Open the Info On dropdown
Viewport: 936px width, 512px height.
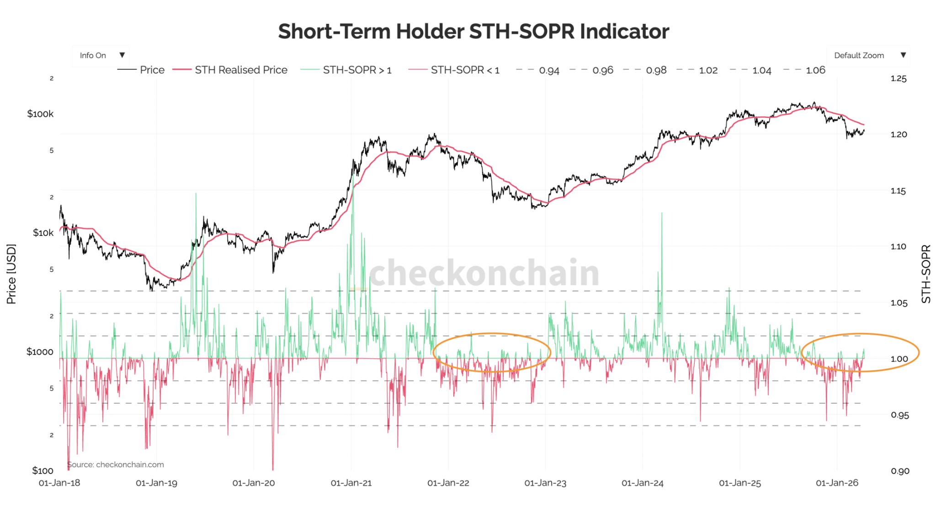pyautogui.click(x=101, y=55)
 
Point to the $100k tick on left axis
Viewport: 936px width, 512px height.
pyautogui.click(x=40, y=114)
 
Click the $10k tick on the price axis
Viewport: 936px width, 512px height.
pyautogui.click(x=43, y=233)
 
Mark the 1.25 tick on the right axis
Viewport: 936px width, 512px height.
pyautogui.click(x=898, y=79)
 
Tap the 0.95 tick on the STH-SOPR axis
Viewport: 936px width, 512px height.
pyautogui.click(x=899, y=415)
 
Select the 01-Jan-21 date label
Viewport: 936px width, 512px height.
pyautogui.click(x=351, y=483)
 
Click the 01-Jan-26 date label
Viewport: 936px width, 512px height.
pyautogui.click(x=837, y=483)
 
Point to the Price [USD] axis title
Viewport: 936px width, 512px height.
pyautogui.click(x=11, y=274)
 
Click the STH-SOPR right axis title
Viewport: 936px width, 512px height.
pyautogui.click(x=926, y=274)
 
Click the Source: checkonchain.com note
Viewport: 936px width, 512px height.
pyautogui.click(x=116, y=464)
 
